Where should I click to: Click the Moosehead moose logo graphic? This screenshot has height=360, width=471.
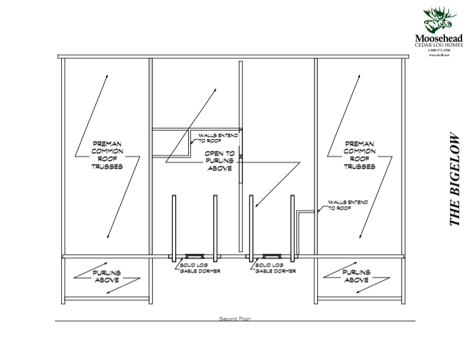tap(439, 20)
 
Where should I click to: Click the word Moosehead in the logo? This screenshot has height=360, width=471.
tap(439, 39)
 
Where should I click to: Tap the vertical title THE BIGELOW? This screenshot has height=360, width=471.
tap(454, 178)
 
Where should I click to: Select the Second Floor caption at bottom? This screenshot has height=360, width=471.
tap(235, 319)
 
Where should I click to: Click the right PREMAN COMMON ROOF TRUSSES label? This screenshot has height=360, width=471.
tap(359, 155)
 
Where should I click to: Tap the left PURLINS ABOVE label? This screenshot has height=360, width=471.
tap(107, 276)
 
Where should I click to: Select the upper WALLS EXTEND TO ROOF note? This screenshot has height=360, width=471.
tap(218, 138)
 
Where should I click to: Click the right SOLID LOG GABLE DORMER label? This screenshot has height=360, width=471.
tap(271, 267)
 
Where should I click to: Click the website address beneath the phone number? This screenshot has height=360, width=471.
tap(439, 55)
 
